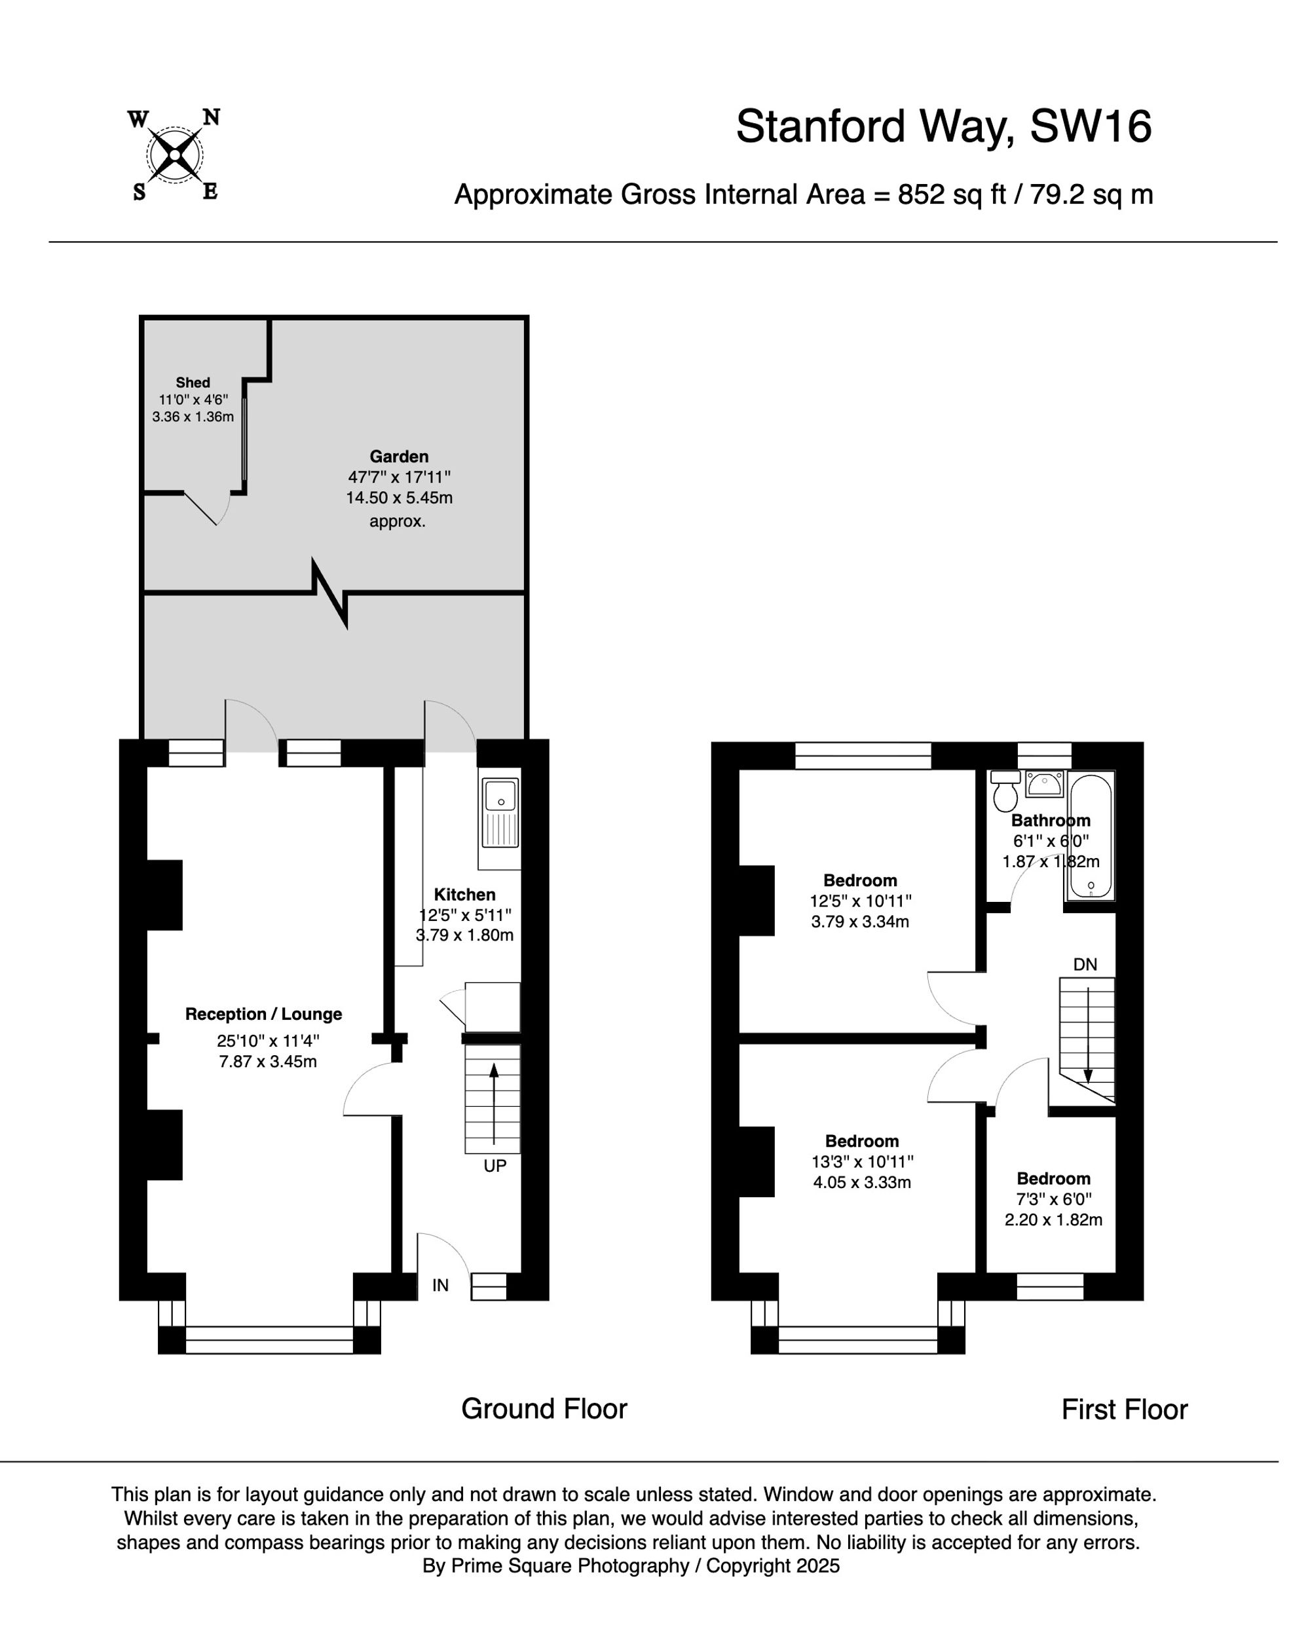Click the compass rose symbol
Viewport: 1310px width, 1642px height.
(174, 155)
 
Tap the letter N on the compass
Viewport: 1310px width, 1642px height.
(211, 117)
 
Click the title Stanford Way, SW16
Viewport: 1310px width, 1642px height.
(943, 126)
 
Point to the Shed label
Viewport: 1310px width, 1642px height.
(193, 383)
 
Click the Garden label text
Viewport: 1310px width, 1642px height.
(399, 457)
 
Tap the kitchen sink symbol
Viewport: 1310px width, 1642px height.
(500, 813)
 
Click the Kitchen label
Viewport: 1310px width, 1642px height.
(464, 894)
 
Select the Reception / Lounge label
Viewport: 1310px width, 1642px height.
(263, 1014)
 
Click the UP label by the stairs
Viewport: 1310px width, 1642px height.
(495, 1165)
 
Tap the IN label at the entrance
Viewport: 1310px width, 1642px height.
(440, 1285)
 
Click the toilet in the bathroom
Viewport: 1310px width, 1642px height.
(1005, 792)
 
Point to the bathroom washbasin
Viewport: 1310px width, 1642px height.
(1044, 784)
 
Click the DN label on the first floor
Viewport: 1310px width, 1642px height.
(1085, 964)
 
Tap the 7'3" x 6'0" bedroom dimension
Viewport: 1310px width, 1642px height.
(1053, 1199)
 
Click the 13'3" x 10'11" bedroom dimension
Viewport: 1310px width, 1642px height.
(862, 1161)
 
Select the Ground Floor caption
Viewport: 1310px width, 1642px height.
(544, 1409)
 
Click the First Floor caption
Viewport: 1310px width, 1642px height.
(1124, 1409)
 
